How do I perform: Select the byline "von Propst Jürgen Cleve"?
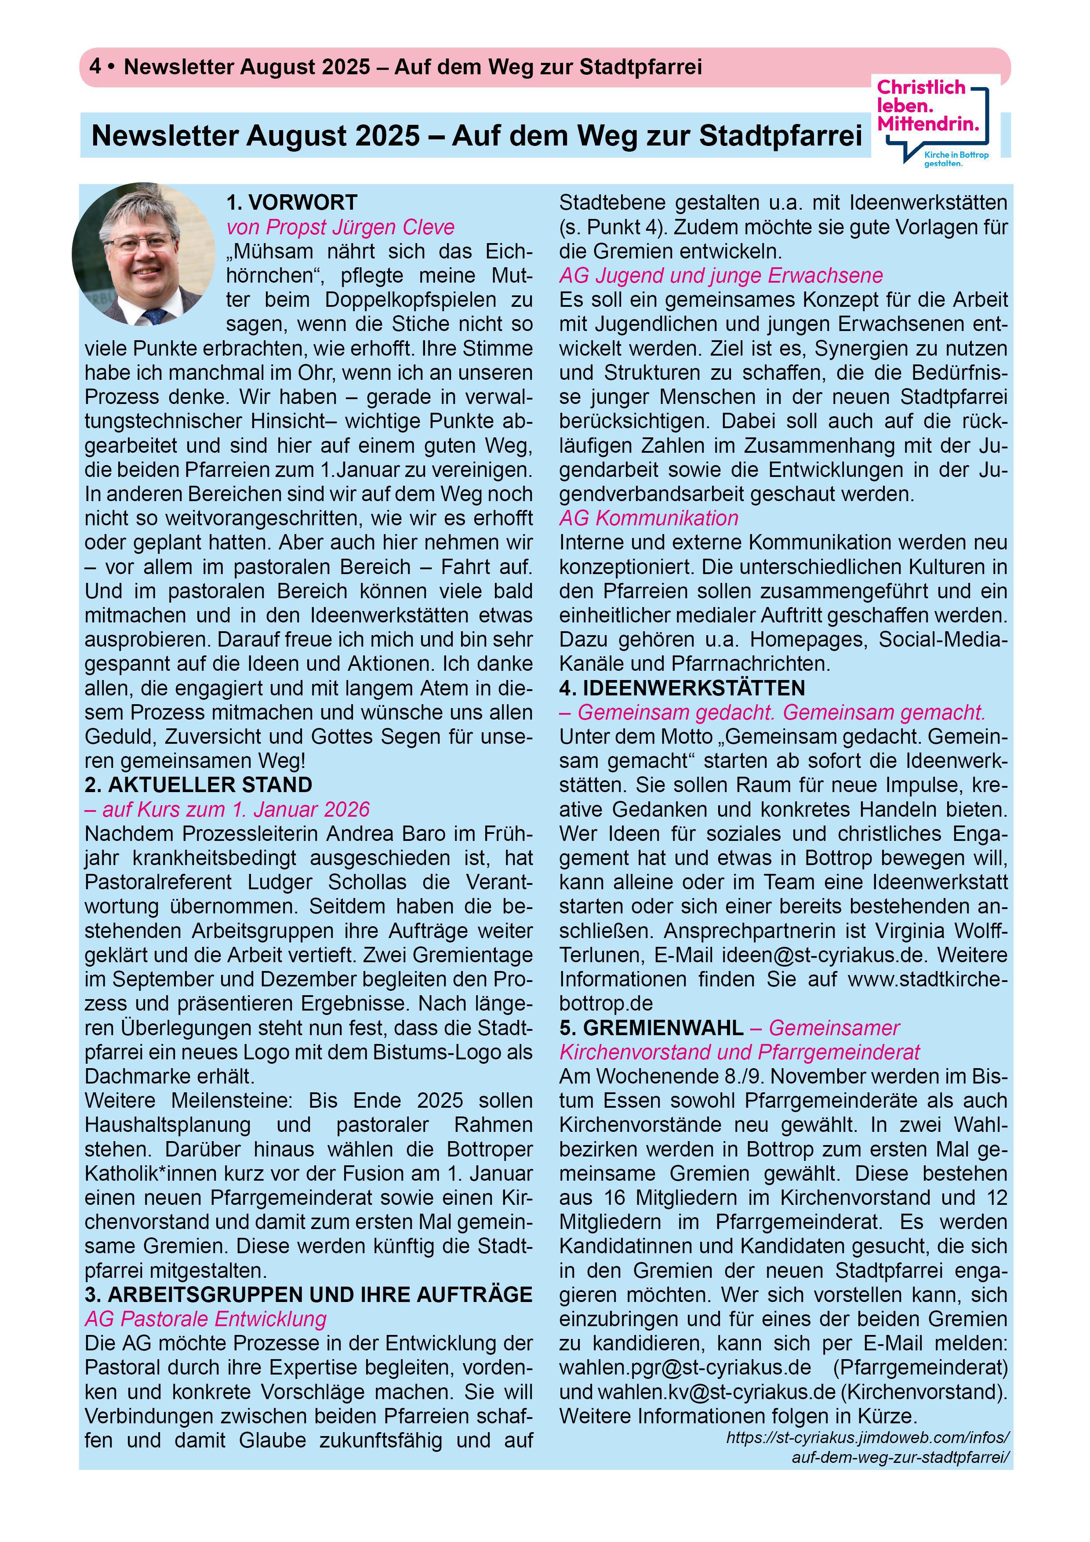click(341, 227)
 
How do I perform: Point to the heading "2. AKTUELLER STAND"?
click(198, 785)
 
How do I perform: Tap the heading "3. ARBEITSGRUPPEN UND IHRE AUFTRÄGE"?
click(308, 1294)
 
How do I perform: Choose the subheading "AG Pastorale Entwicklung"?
click(206, 1318)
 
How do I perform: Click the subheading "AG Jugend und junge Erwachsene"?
click(721, 275)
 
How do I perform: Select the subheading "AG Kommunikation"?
click(648, 518)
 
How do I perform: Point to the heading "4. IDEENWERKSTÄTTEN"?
click(682, 688)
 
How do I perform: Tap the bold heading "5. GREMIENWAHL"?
click(651, 1028)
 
